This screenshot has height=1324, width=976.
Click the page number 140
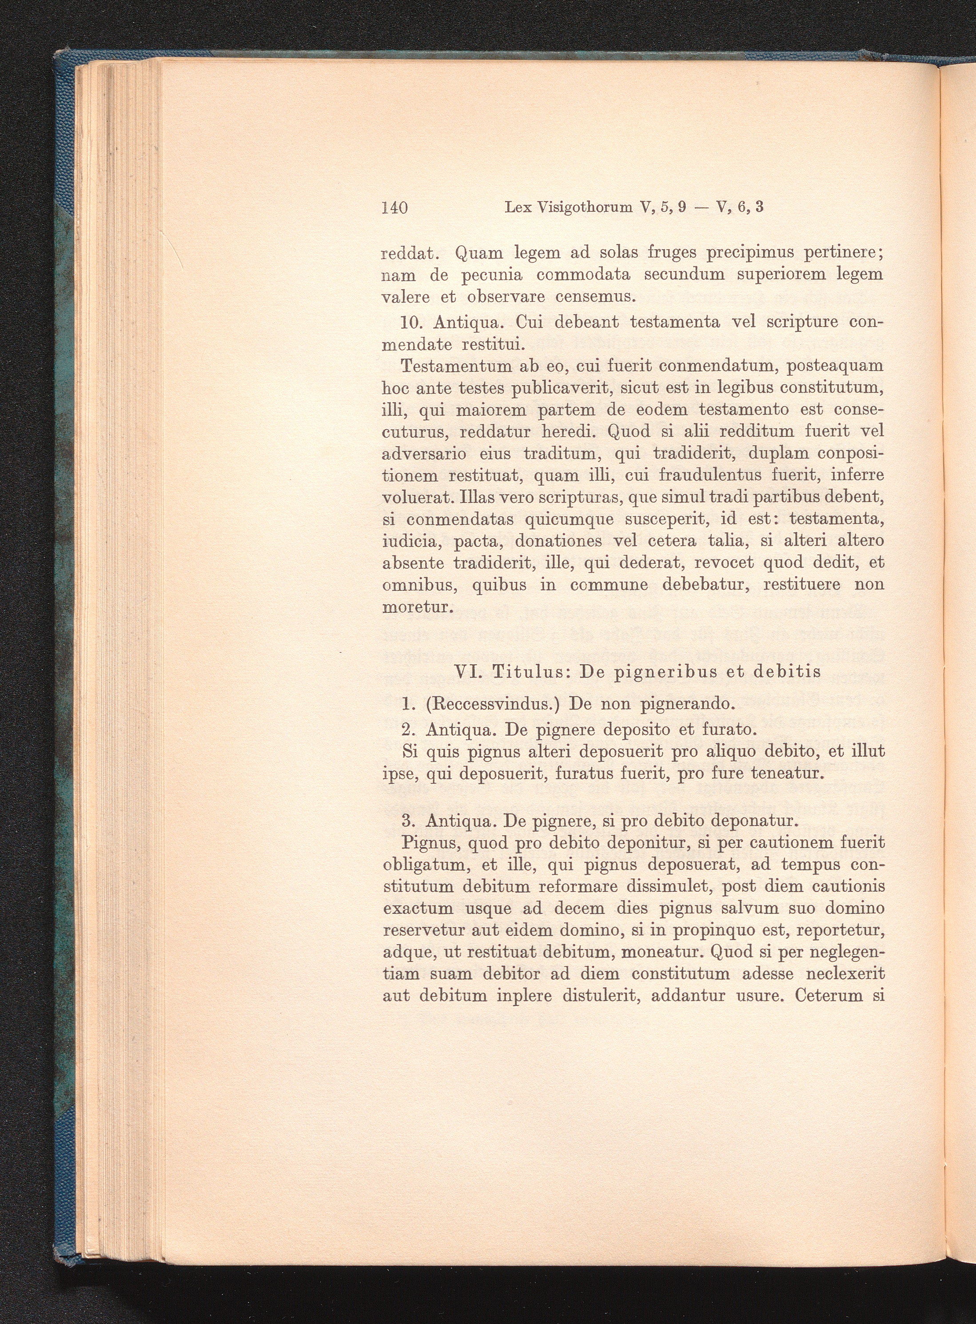click(x=395, y=207)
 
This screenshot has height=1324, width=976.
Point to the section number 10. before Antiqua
click(x=412, y=323)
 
